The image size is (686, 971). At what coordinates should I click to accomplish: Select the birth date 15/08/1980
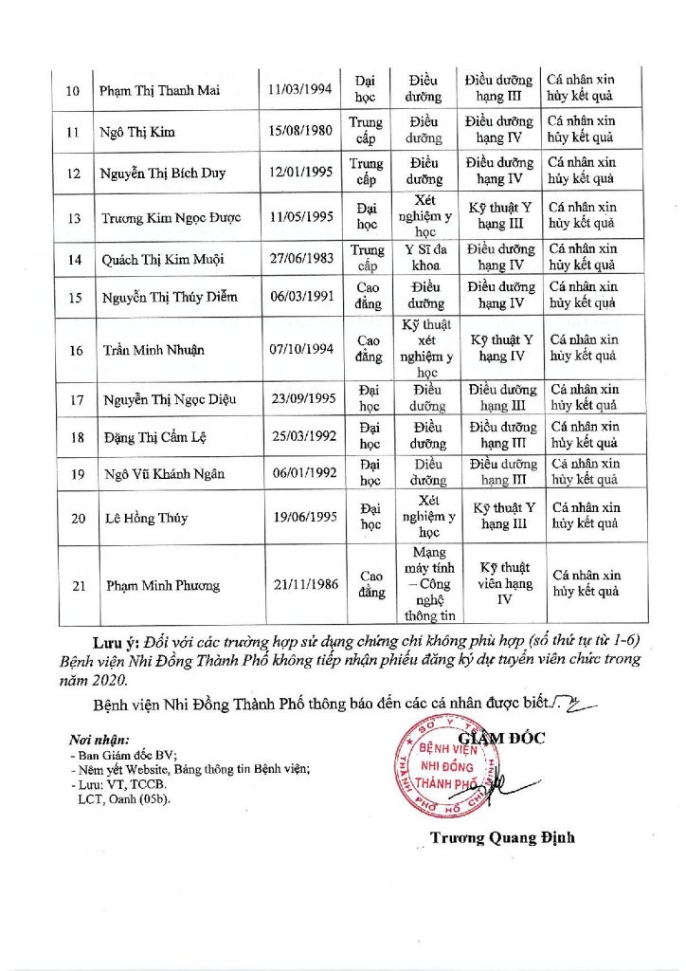point(300,131)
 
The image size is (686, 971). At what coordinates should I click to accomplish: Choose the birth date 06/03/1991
point(301,296)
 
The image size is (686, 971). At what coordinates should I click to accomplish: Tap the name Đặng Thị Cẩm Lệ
point(155,437)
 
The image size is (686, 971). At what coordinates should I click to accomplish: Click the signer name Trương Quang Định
point(501,837)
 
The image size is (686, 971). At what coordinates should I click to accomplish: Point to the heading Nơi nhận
point(99,739)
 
